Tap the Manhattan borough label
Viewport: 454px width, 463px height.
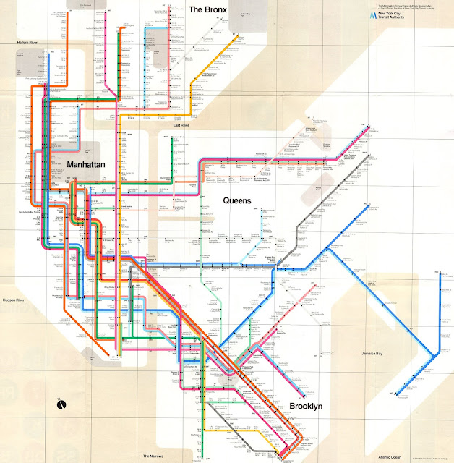[x=91, y=164]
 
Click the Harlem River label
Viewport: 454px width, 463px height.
[x=32, y=43]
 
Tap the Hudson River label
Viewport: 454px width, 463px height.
[x=14, y=299]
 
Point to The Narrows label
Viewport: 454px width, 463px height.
[x=153, y=456]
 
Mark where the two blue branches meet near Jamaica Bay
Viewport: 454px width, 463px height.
[x=433, y=354]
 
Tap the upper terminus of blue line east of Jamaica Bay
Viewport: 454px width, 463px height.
[x=440, y=272]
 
